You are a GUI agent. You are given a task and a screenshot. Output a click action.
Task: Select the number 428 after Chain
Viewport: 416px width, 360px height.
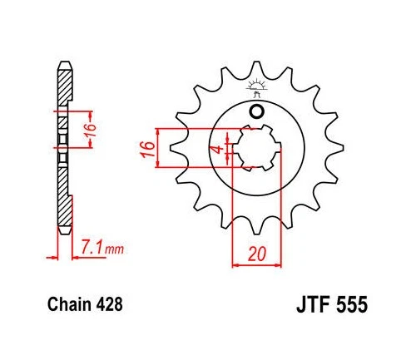108,305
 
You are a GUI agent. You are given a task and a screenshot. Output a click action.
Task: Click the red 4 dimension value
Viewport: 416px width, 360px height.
215,150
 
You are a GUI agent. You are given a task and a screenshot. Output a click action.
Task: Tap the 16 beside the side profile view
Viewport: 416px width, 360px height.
96,129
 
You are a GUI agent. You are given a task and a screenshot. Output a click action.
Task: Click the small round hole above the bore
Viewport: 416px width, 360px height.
256,111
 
